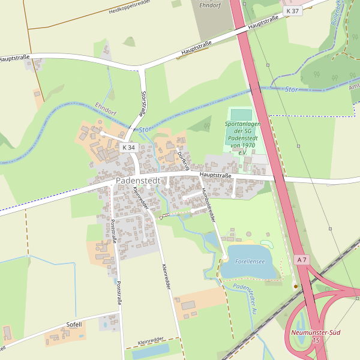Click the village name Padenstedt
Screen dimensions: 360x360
pyautogui.click(x=140, y=181)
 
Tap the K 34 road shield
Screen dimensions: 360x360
pyautogui.click(x=128, y=148)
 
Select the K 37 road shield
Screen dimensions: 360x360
pyautogui.click(x=292, y=11)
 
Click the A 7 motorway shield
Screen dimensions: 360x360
pyautogui.click(x=302, y=259)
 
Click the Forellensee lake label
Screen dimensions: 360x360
pyautogui.click(x=250, y=262)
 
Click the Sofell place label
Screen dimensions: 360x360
pyautogui.click(x=74, y=324)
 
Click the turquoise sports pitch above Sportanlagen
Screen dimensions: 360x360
pyautogui.click(x=241, y=114)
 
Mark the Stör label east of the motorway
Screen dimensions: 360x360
pyautogui.click(x=291, y=89)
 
